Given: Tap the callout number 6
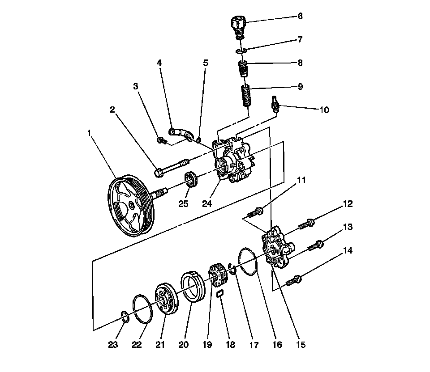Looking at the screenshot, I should pyautogui.click(x=300, y=16).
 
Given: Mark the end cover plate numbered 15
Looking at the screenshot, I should pyautogui.click(x=277, y=249).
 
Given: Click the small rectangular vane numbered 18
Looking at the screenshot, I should pyautogui.click(x=220, y=293).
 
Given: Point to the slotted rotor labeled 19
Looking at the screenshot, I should pyautogui.click(x=218, y=276).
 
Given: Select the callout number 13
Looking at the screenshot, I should pyautogui.click(x=348, y=227).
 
